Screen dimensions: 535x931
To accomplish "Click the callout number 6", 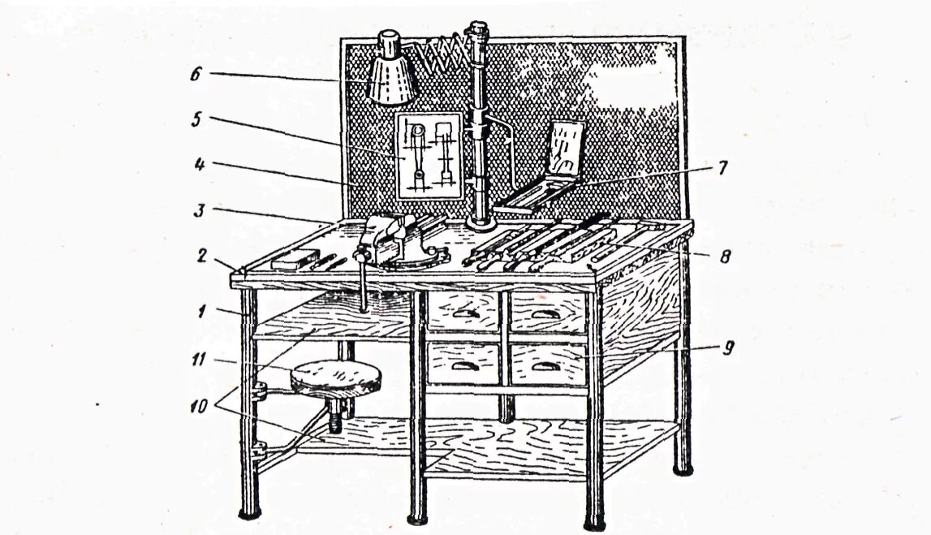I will [x=195, y=74].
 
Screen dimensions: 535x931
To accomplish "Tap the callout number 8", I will [x=725, y=257].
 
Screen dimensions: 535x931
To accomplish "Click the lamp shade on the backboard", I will [x=393, y=79].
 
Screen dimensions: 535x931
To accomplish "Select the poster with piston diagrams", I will [x=428, y=155].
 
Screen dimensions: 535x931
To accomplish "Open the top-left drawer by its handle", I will [x=463, y=313].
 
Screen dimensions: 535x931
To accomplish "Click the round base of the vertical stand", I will [x=487, y=220].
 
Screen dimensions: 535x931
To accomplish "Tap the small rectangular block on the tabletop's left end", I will [x=293, y=260].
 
